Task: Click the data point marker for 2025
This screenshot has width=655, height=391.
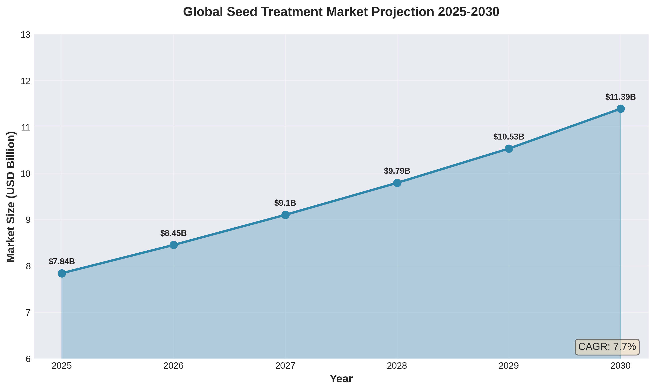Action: tap(62, 273)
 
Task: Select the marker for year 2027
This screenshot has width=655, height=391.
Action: tap(285, 215)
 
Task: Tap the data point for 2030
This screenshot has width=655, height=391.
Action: tap(621, 109)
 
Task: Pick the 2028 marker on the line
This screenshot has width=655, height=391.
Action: tap(397, 183)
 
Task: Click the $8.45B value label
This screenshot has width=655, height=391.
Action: tap(173, 233)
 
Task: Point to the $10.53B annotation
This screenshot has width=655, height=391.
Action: tap(509, 137)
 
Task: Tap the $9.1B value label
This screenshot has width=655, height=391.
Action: tap(285, 203)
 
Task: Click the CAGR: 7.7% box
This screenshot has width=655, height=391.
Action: tap(607, 347)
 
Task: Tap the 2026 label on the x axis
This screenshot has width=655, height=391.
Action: tap(173, 366)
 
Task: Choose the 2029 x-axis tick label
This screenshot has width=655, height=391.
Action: tap(509, 366)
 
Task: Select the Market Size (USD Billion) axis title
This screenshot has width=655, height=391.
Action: tap(11, 196)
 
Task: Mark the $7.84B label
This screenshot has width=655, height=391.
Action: tap(62, 262)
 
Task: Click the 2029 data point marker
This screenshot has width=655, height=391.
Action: tap(509, 149)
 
